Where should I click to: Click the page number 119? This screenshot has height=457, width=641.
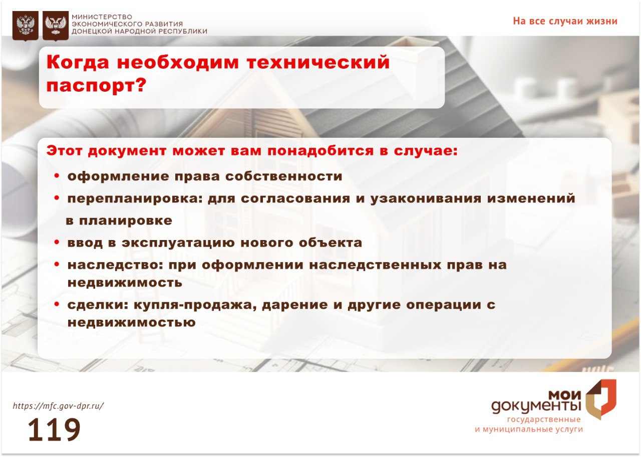54,429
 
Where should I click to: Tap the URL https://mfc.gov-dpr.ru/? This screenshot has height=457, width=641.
59,406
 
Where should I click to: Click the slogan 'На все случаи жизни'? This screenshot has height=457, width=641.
565,21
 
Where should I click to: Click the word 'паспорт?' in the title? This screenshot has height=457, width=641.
97,85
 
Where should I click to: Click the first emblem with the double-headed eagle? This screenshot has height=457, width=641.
26,26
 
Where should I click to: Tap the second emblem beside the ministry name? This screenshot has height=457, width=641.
56,26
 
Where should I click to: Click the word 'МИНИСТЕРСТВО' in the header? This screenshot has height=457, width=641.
102,17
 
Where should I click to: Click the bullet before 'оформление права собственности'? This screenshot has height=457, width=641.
57,175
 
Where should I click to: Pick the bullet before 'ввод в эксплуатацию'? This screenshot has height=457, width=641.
57,242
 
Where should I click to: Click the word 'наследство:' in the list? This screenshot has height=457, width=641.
115,265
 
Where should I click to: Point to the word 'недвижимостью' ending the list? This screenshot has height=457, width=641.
132,322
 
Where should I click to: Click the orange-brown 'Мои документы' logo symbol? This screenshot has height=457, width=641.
601,399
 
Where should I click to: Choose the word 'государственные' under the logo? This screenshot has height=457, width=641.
544,420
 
